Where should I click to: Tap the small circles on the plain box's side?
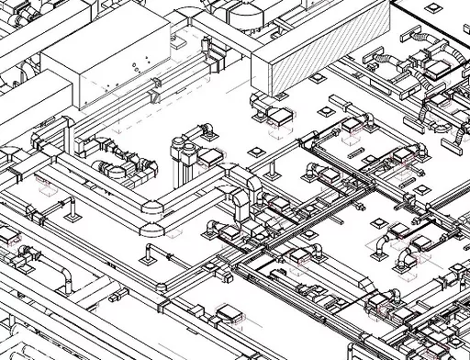coord(136,65)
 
